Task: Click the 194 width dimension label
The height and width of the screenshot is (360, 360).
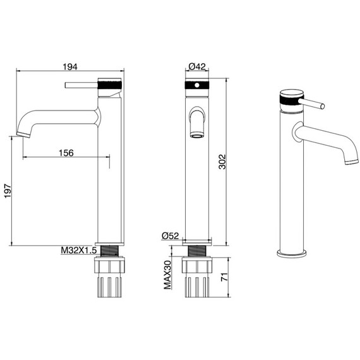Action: pos(70,67)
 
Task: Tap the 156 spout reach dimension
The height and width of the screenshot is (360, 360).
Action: pos(66,153)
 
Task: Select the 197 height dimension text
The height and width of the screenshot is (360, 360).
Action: pos(8,191)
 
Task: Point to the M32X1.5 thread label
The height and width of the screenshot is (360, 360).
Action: pos(78,250)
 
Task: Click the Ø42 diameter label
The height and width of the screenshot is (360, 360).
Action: pos(197,66)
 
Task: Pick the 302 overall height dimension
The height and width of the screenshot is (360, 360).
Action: pos(222,162)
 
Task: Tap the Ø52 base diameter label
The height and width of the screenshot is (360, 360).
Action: pos(170,236)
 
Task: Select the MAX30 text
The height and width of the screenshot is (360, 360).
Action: pos(167,275)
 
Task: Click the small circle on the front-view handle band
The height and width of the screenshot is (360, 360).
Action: pos(197,85)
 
